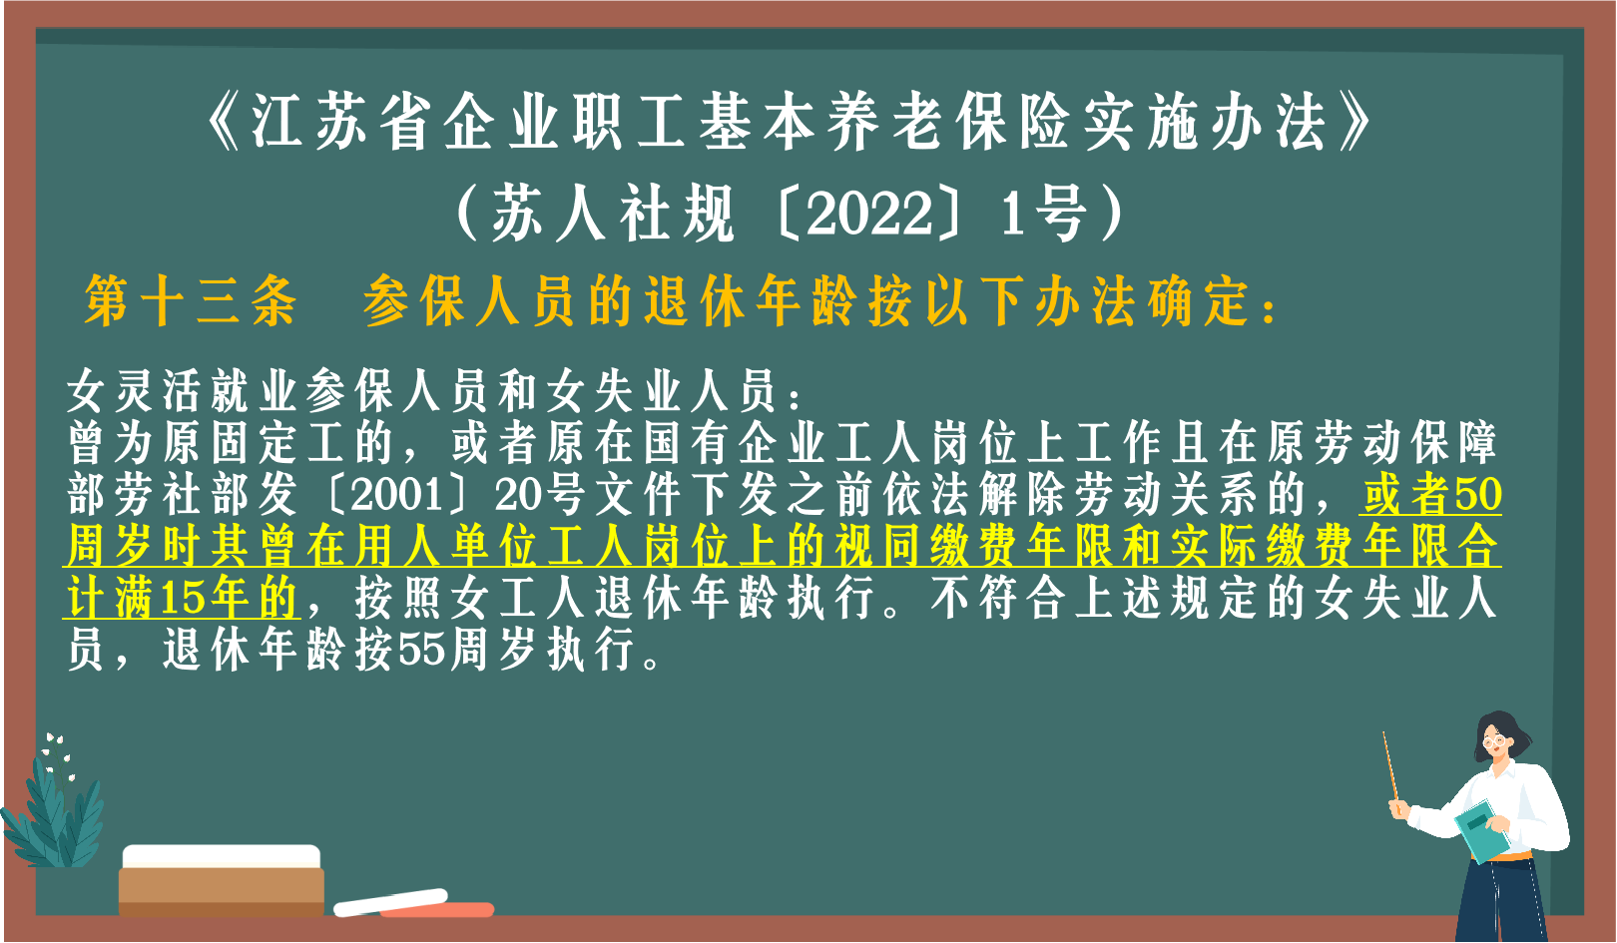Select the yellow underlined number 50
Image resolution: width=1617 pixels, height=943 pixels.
tap(1478, 494)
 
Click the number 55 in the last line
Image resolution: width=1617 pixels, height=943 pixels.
tap(422, 650)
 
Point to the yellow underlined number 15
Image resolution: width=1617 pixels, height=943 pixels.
tap(181, 598)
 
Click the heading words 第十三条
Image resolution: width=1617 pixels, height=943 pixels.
tap(191, 300)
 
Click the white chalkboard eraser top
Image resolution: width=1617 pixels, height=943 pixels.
tap(222, 856)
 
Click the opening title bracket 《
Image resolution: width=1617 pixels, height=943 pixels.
tap(222, 124)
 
